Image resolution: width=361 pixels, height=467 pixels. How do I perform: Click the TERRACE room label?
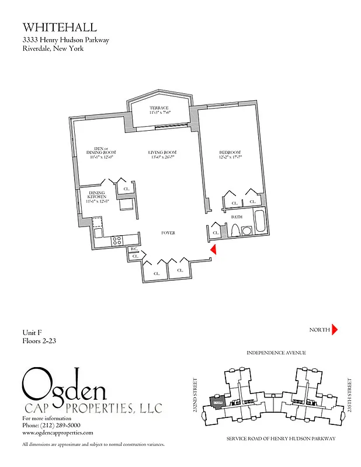click(159, 108)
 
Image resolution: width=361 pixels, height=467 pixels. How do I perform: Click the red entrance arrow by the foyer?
click(214, 249)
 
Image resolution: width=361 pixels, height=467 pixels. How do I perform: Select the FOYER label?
click(168, 233)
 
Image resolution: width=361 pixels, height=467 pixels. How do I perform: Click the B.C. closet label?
click(134, 249)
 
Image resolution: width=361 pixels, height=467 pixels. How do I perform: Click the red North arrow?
click(335, 330)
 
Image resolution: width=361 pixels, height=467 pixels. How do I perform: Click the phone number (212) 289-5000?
click(59, 426)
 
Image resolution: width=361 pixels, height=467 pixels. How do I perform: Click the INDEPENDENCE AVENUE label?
click(276, 353)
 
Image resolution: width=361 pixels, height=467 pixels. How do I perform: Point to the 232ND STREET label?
click(195, 395)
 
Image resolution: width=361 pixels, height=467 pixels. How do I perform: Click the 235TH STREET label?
click(350, 395)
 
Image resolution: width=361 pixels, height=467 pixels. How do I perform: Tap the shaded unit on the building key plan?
click(217, 403)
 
